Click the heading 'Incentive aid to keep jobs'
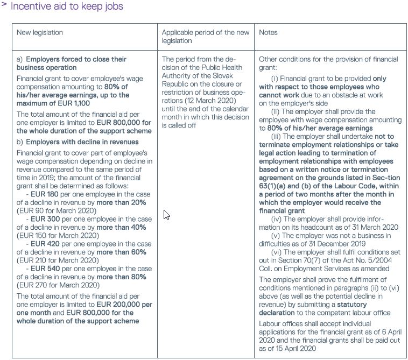67,6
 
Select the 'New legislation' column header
40,32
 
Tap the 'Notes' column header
269,32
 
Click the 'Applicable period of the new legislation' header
206,36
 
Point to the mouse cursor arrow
166,215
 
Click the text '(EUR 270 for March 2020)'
58,285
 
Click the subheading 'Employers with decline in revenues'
82,142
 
